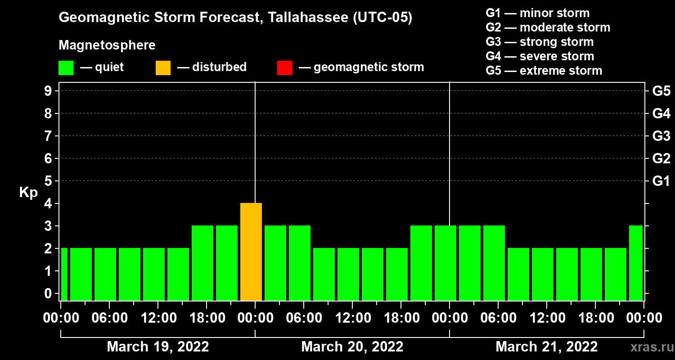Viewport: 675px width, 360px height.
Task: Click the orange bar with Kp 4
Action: click(x=251, y=252)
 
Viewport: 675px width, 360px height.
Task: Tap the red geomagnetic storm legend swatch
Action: click(x=284, y=67)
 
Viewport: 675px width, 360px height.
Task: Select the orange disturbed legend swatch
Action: click(x=163, y=67)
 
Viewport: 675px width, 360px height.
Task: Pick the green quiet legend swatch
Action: click(x=66, y=67)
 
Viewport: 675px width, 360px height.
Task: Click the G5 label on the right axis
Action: click(x=661, y=91)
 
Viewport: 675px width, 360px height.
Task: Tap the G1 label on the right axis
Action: click(x=661, y=181)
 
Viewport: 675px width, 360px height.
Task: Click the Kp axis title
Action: click(x=28, y=192)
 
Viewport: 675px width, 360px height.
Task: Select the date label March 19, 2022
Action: click(x=157, y=347)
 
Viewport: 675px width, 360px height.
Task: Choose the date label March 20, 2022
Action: click(x=352, y=347)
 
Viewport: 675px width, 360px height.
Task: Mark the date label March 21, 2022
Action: click(x=546, y=347)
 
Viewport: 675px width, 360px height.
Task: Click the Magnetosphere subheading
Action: click(x=107, y=45)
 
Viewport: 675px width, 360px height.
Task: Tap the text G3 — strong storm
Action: click(x=540, y=42)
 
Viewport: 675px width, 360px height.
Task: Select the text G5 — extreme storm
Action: click(x=544, y=71)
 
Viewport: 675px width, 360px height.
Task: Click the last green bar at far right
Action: click(x=635, y=263)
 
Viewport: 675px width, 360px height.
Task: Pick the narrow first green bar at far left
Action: click(x=64, y=274)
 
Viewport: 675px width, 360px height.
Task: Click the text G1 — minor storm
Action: click(x=537, y=13)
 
